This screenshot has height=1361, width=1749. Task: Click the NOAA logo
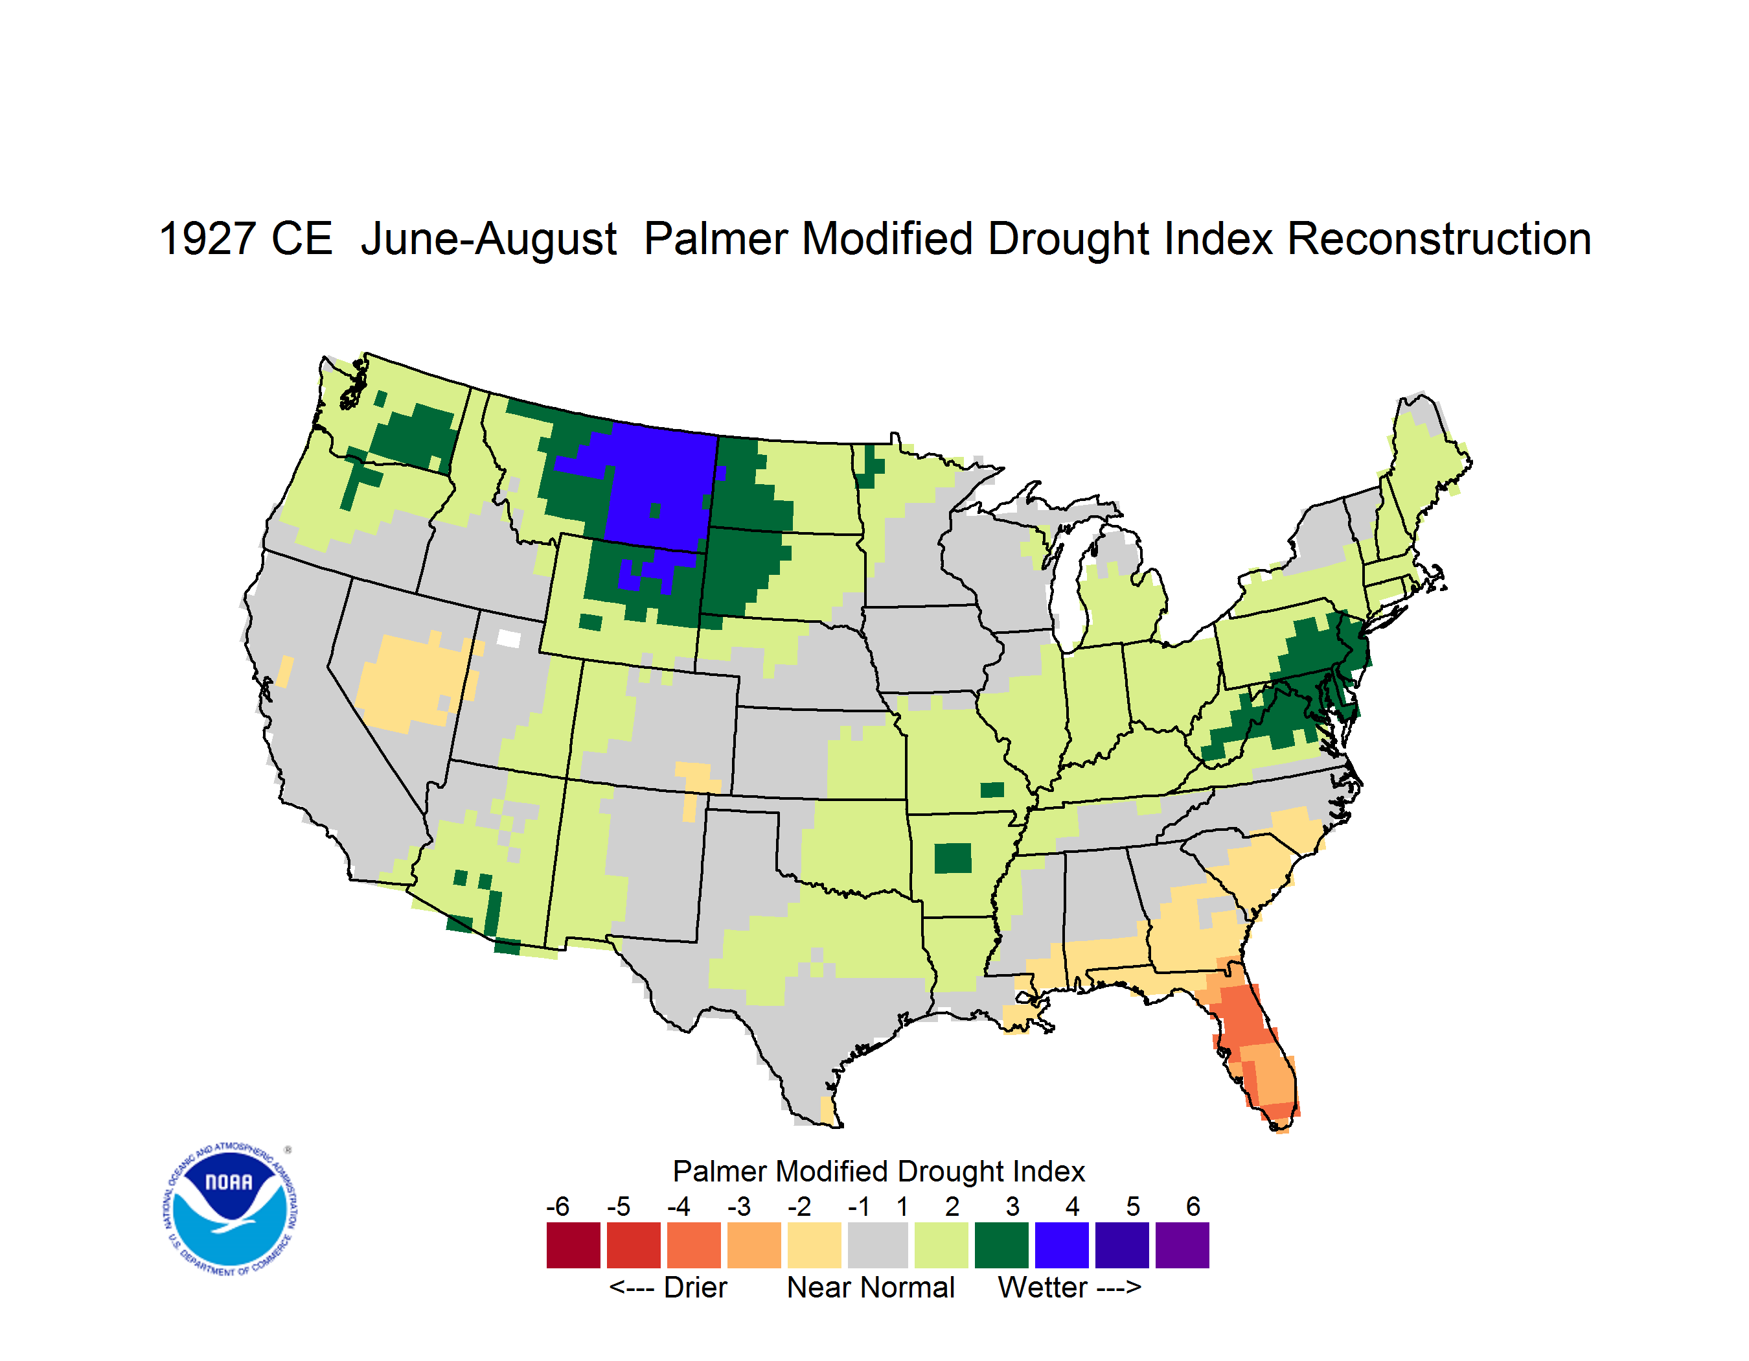[x=231, y=1209]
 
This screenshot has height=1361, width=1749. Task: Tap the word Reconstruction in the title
[x=1439, y=238]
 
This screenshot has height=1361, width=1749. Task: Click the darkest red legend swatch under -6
[x=573, y=1245]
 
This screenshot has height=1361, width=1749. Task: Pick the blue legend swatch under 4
[x=1062, y=1245]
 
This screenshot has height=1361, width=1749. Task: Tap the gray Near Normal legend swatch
[x=878, y=1245]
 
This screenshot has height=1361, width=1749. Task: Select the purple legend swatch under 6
[x=1182, y=1245]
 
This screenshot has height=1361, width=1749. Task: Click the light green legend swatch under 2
[x=942, y=1245]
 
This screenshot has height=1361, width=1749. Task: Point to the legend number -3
[x=738, y=1206]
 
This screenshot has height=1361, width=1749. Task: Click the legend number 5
[x=1133, y=1206]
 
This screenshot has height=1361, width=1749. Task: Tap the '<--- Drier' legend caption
[x=668, y=1288]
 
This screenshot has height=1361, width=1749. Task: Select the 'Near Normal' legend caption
[x=871, y=1288]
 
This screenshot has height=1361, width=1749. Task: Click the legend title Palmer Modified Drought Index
[x=878, y=1171]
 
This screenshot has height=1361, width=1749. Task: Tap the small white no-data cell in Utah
[x=509, y=638]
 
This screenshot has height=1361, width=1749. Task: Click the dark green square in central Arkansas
[x=953, y=858]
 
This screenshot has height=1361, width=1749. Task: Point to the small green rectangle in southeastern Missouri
[x=992, y=790]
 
